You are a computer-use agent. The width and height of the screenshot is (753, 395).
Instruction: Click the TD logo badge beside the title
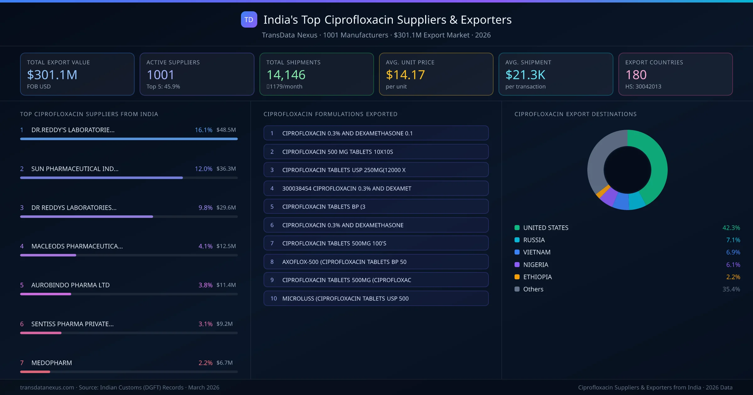[249, 19]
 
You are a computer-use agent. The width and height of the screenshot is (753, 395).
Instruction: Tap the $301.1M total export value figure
[52, 75]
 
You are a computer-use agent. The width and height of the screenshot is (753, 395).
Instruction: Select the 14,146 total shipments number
[286, 75]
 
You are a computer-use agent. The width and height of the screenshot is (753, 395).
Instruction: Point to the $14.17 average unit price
[405, 75]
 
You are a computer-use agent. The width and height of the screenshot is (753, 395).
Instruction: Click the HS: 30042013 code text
[643, 87]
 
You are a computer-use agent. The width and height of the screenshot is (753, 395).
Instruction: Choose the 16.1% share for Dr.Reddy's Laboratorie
[203, 130]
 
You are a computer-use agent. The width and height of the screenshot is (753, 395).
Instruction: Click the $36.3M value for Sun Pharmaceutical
[226, 169]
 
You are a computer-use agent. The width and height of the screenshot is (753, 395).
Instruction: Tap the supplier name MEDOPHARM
[51, 363]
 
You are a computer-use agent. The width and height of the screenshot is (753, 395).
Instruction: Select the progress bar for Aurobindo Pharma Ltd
[46, 294]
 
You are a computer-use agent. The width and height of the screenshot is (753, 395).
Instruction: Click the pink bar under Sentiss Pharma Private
[41, 333]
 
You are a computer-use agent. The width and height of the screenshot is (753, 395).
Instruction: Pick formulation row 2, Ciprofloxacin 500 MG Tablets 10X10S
[376, 152]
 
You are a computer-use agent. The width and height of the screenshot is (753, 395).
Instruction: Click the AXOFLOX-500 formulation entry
[376, 262]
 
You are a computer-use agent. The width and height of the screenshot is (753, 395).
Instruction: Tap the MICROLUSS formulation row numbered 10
[376, 298]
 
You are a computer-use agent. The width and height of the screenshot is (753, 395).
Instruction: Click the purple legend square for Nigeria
[517, 265]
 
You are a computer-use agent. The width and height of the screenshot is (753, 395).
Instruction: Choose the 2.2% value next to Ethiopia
[733, 277]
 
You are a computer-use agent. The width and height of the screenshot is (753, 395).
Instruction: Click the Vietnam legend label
[537, 252]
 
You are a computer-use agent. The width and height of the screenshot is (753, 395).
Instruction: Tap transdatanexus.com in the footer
[47, 387]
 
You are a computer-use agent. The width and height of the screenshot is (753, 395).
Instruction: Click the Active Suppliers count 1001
[160, 75]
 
